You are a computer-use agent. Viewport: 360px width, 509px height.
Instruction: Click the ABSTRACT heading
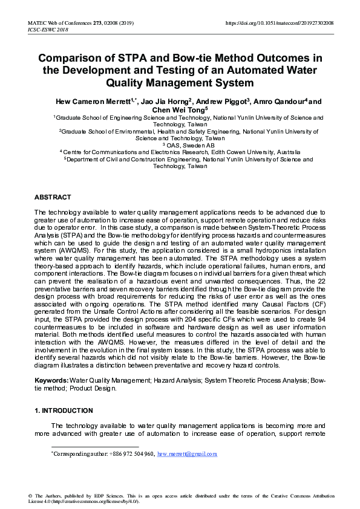(53, 197)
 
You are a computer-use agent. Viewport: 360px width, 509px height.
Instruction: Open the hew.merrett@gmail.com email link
(187, 453)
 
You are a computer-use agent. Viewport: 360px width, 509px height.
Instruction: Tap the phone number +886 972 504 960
(131, 453)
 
